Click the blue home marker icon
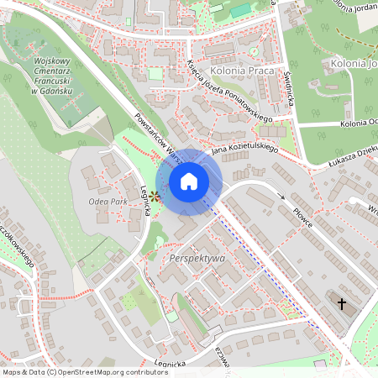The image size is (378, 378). (189, 181)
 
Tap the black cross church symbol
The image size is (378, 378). (342, 303)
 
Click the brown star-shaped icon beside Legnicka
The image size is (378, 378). (155, 196)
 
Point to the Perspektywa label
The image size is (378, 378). (197, 258)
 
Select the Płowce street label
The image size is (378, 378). (297, 213)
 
